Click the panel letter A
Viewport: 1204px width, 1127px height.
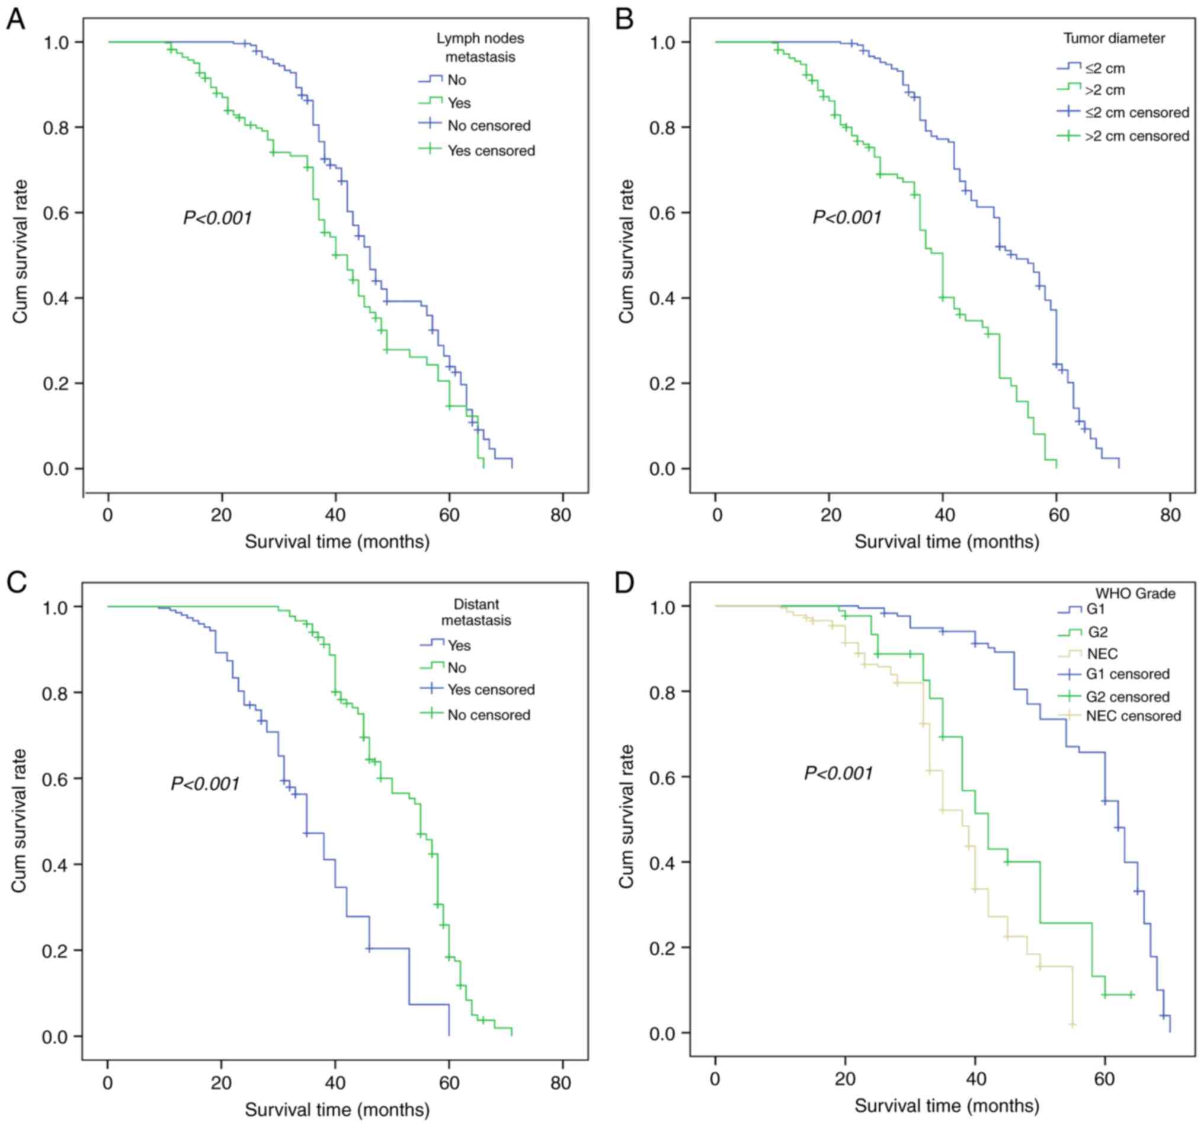pyautogui.click(x=16, y=20)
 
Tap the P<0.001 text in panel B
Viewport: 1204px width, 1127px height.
pyautogui.click(x=847, y=217)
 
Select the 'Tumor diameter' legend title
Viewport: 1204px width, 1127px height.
pyautogui.click(x=1114, y=39)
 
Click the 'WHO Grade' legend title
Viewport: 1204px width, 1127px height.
pyautogui.click(x=1134, y=594)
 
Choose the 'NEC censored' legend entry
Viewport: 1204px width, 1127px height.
pyautogui.click(x=1133, y=716)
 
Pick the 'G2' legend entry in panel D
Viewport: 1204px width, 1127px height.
pyautogui.click(x=1097, y=632)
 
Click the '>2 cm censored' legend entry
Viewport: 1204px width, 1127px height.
pyautogui.click(x=1137, y=136)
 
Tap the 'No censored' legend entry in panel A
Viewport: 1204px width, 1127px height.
pyautogui.click(x=489, y=126)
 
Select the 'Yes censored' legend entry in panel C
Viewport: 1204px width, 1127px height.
pyautogui.click(x=491, y=690)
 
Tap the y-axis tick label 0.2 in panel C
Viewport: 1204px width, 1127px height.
pyautogui.click(x=56, y=951)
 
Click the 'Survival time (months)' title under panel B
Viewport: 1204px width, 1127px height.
pyautogui.click(x=947, y=542)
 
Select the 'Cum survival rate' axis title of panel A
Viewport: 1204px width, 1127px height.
pyautogui.click(x=21, y=251)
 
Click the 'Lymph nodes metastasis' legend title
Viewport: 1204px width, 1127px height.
pyautogui.click(x=481, y=47)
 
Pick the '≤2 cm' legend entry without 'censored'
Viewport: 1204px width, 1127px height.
pyautogui.click(x=1105, y=68)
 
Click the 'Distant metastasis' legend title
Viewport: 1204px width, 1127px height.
pyautogui.click(x=476, y=612)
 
